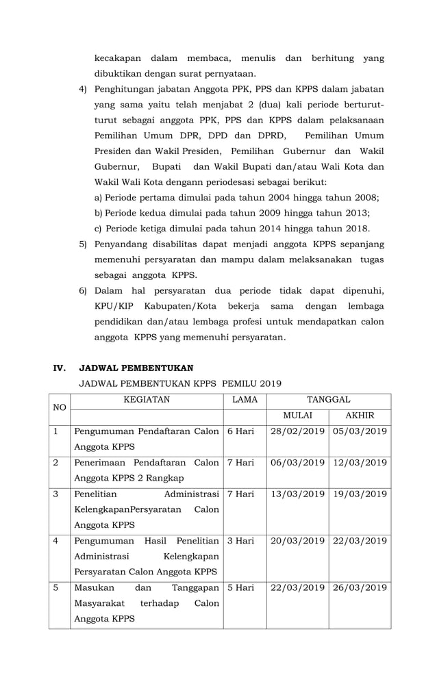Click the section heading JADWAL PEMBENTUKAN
point(136,368)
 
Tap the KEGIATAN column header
point(146,399)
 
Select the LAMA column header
point(245,399)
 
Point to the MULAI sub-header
point(297,416)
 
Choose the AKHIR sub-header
point(360,416)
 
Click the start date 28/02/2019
point(297,431)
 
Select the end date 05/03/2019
point(360,431)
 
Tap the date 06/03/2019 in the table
point(297,463)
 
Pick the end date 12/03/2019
point(360,463)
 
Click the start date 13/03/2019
point(297,494)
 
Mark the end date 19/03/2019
point(360,494)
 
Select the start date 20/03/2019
point(297,541)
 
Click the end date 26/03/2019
point(360,588)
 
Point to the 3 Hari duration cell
point(240,541)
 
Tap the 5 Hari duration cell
point(240,588)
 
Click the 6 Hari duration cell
point(240,431)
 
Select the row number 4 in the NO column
point(55,541)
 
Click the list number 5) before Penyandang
point(83,244)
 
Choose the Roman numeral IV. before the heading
point(60,368)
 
